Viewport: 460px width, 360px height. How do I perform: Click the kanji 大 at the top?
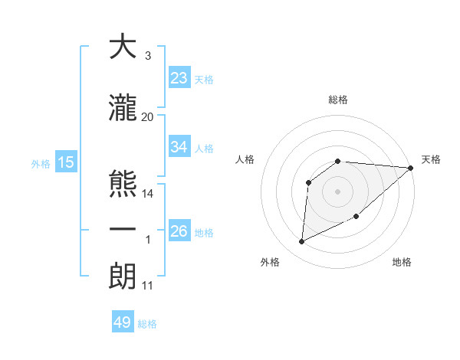pos(122,47)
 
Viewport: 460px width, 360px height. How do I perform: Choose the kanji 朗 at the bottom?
pos(122,277)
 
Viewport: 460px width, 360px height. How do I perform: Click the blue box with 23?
pos(179,78)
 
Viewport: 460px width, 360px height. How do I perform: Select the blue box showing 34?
pos(179,147)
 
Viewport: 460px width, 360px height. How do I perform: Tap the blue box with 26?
pos(179,231)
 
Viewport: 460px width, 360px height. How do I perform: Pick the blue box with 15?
pos(65,162)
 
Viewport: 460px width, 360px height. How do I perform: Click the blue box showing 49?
pos(123,322)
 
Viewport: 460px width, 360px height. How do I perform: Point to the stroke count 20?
pos(148,116)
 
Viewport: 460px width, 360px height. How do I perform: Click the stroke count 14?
pos(148,194)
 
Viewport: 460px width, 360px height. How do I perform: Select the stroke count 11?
pos(148,286)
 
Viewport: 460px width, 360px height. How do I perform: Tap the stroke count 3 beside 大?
pos(147,56)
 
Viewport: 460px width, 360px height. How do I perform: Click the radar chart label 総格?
pos(338,100)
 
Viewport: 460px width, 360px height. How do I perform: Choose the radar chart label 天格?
pos(431,159)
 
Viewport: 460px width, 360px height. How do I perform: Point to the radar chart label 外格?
pos(270,262)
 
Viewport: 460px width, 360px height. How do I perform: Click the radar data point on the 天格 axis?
pos(411,169)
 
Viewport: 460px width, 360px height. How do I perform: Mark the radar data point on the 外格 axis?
pos(301,242)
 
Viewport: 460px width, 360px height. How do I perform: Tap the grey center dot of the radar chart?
pos(338,190)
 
